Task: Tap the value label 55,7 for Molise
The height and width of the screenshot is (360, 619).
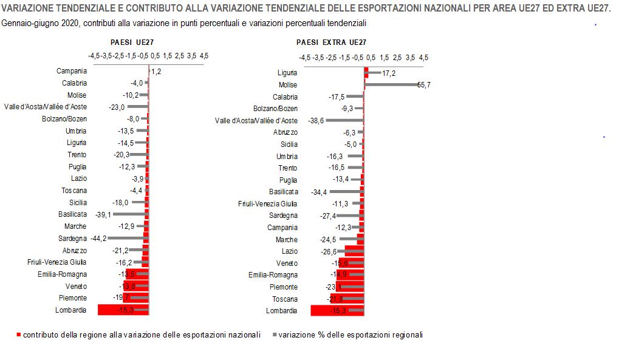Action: point(424,85)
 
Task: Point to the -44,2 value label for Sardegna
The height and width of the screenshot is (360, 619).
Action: point(98,239)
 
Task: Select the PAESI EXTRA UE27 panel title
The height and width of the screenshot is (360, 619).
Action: point(331,42)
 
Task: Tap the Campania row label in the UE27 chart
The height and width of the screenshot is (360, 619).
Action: point(72,71)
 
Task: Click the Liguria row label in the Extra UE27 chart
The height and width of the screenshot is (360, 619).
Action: point(287,73)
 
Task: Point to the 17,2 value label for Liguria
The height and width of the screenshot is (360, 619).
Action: point(389,73)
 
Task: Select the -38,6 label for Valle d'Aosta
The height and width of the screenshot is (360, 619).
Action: point(316,121)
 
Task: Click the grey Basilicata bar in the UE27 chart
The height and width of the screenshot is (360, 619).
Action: point(129,214)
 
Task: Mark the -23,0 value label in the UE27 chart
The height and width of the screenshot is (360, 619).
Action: point(117,107)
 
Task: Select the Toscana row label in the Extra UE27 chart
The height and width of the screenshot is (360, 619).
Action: point(285,299)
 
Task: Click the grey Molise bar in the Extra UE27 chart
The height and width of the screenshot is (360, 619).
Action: point(392,85)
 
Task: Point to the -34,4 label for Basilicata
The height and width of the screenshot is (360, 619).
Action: point(319,192)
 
